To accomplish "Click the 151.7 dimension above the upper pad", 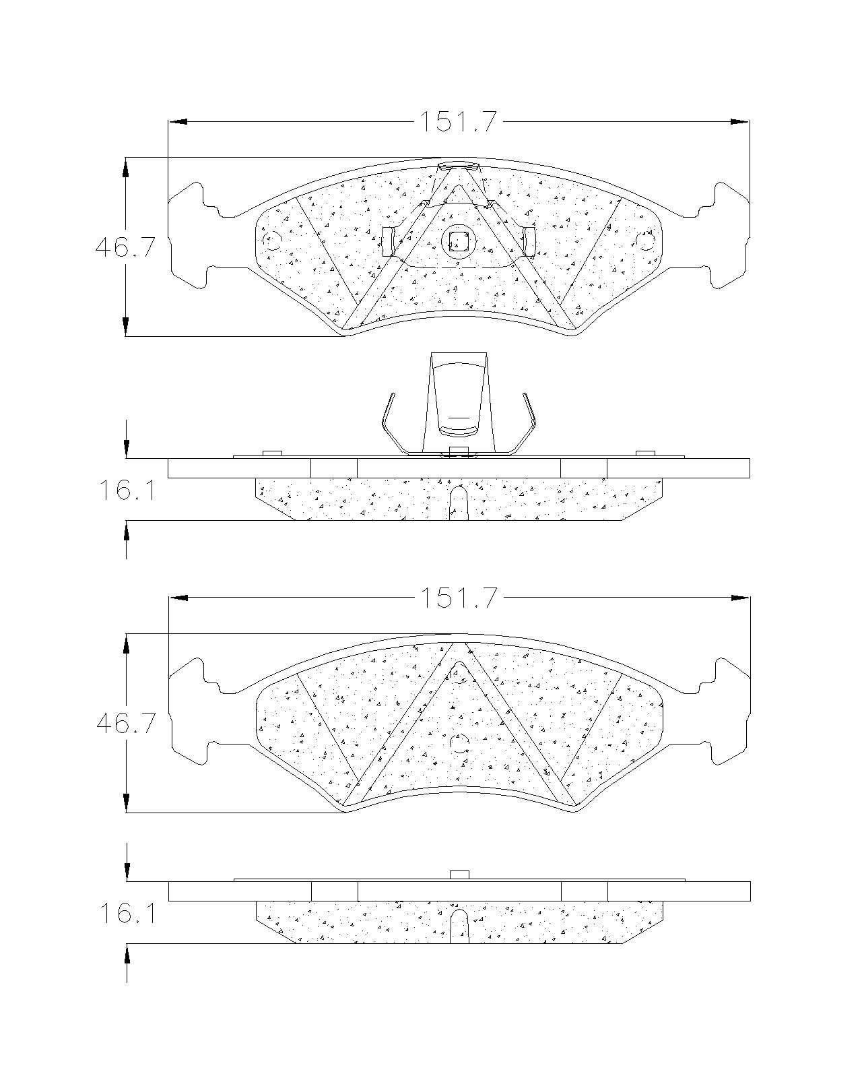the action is coord(457,122).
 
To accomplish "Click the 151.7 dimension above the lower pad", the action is coord(457,598).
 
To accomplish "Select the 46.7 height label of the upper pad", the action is coord(125,247).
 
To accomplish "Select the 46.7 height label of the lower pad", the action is coord(125,724).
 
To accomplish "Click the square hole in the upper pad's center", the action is coord(457,242).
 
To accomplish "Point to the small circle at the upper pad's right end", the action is coord(645,242).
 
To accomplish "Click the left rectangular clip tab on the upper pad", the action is coord(388,241).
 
